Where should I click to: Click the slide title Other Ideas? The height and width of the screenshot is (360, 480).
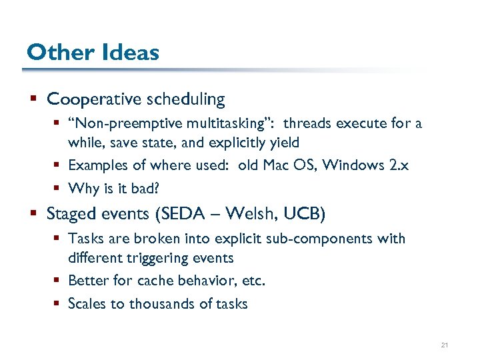93,52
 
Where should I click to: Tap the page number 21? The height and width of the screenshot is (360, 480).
444,345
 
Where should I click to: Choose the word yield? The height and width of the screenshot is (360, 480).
285,143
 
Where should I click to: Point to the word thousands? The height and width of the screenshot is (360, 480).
160,304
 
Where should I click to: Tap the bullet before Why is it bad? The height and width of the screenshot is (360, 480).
59,189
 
